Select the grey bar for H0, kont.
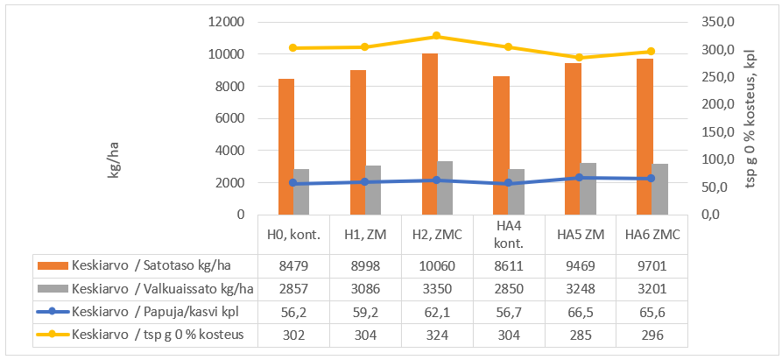[301, 192]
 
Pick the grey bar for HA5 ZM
[588, 188]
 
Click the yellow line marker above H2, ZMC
[437, 36]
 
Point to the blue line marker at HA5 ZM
[580, 178]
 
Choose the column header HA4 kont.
[509, 235]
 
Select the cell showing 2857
[293, 287]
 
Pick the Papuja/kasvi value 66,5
[581, 310]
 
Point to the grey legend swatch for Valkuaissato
[52, 287]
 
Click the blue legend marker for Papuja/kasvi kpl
[52, 310]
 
